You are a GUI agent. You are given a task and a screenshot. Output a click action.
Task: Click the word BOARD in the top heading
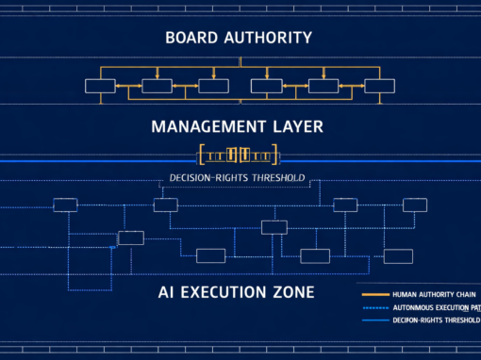194,39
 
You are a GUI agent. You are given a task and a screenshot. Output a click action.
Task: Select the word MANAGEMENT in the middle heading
210,125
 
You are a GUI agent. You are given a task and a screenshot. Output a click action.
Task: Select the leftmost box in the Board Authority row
99,86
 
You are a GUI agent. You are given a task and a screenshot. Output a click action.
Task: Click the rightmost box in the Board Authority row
379,86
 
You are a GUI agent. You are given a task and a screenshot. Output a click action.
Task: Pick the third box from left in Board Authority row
213,86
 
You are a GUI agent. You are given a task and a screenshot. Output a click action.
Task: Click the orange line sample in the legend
374,293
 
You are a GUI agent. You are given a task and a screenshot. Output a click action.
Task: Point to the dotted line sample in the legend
374,307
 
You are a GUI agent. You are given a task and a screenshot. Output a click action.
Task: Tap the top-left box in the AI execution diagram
65,205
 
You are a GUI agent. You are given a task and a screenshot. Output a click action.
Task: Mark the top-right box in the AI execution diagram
415,205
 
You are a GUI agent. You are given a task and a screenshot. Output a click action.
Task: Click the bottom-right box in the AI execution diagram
398,255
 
